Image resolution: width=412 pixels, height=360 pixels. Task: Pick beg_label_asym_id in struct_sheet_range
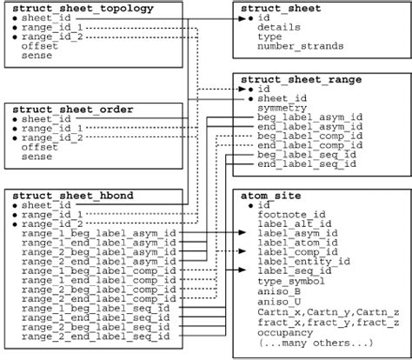coord(309,116)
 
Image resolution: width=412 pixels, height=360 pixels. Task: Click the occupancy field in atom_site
coord(284,331)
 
